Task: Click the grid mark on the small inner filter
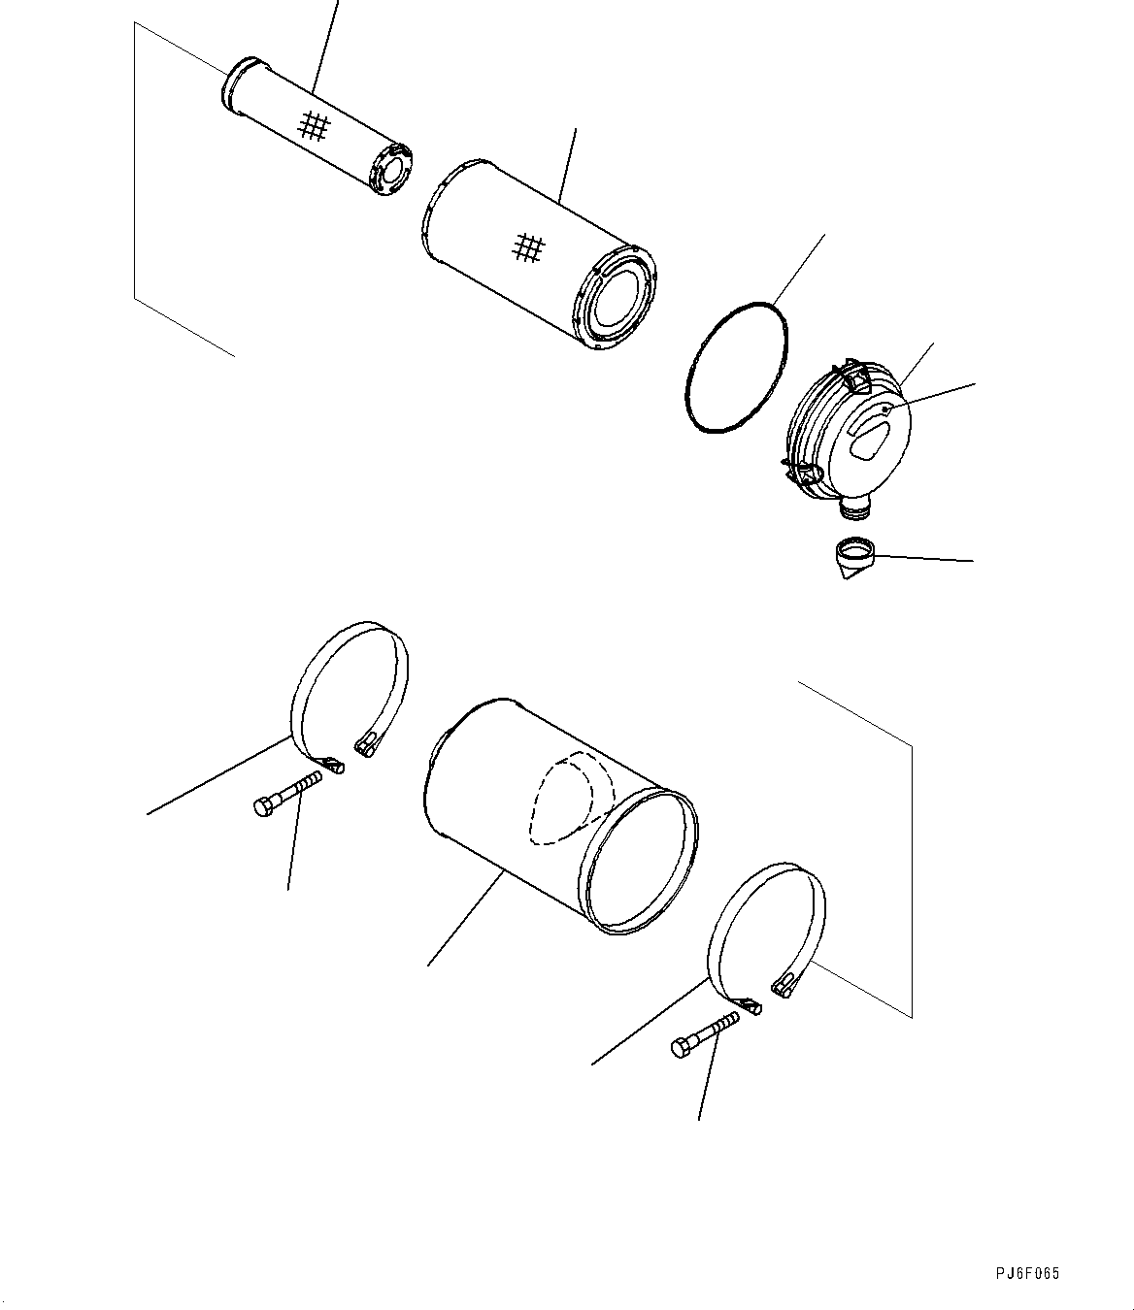click(314, 126)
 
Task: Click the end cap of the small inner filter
click(392, 172)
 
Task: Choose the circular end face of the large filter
click(618, 300)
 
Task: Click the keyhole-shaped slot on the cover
click(870, 441)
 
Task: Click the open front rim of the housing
click(640, 864)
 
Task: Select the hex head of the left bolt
click(262, 806)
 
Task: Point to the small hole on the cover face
click(885, 411)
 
